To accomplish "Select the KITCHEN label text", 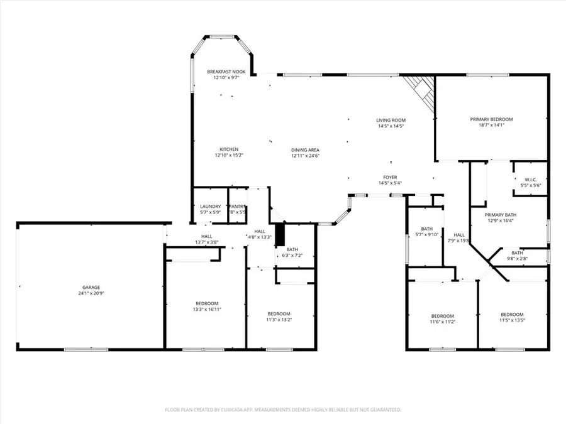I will tap(228, 149).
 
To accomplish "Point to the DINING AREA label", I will tap(305, 149).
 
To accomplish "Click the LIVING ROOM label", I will tap(391, 120).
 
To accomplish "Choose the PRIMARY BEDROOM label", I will tap(492, 119).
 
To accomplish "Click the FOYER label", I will tap(391, 177).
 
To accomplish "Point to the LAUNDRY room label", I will tap(210, 207).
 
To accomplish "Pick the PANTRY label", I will tap(237, 207).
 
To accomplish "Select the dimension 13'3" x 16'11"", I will tap(207, 309).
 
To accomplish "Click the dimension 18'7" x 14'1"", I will tap(492, 125).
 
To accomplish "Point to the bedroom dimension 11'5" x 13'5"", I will tap(512, 321).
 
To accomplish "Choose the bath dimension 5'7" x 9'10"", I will tap(427, 235).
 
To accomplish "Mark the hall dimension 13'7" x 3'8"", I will tap(206, 242).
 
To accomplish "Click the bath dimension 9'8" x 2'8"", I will tap(517, 258).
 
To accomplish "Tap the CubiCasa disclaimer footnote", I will tap(283, 410).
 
